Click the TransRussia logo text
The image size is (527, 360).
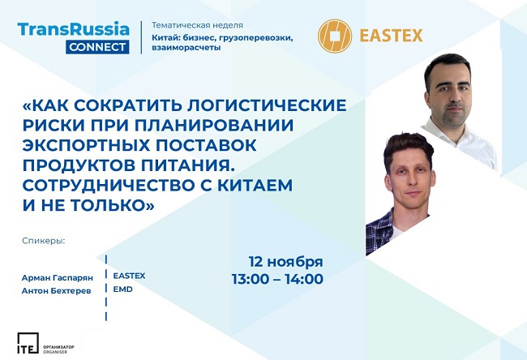click(73, 29)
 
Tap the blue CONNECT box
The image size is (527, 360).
click(97, 47)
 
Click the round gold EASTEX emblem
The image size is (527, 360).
click(334, 36)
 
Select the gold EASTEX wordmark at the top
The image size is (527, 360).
click(391, 36)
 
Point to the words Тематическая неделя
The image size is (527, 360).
click(197, 25)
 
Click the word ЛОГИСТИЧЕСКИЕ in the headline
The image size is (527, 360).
click(267, 105)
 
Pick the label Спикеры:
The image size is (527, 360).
click(43, 241)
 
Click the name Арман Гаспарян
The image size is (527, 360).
click(57, 278)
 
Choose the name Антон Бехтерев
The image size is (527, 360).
click(56, 291)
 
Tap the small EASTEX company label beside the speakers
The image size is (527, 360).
click(129, 276)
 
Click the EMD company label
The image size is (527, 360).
click(122, 289)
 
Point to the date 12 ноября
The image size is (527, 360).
click(285, 262)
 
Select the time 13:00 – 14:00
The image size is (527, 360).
click(277, 279)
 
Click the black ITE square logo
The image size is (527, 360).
click(28, 343)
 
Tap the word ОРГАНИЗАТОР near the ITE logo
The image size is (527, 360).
click(58, 346)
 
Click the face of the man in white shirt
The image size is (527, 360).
click(450, 93)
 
